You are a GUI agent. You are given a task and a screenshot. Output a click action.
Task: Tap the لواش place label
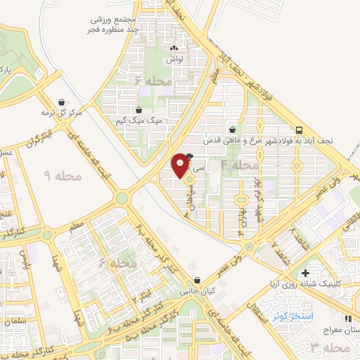tap(173, 60)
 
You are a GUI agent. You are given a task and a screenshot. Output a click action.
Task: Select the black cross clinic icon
tap(304, 273)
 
